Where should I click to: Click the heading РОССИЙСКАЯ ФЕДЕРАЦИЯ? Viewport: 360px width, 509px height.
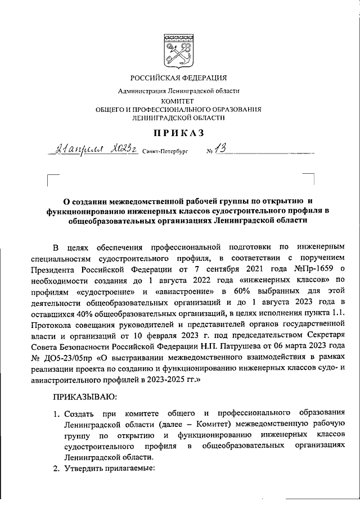point(179,78)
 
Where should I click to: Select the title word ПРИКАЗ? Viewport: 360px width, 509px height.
point(178,133)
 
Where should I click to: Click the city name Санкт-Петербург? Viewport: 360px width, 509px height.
point(167,152)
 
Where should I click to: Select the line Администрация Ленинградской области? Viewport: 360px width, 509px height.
point(178,91)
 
